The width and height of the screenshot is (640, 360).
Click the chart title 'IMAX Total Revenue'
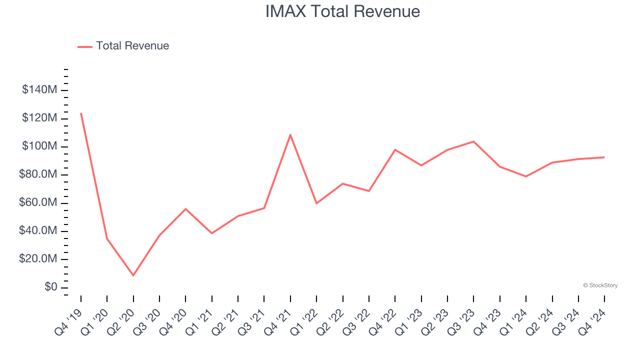coord(342,11)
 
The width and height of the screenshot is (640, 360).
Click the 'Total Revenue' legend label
coord(132,46)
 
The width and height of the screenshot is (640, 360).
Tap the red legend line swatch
coord(85,46)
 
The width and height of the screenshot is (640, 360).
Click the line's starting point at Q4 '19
coord(81,113)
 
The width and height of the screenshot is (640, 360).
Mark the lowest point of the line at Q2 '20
coord(133,275)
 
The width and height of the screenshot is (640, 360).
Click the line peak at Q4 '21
coord(290,134)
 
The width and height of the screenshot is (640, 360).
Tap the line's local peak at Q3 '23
coord(473,141)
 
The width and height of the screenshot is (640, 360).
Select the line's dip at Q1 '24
coord(526,176)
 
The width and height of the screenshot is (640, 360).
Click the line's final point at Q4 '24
coord(604,157)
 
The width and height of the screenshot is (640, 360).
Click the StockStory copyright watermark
coord(600,285)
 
